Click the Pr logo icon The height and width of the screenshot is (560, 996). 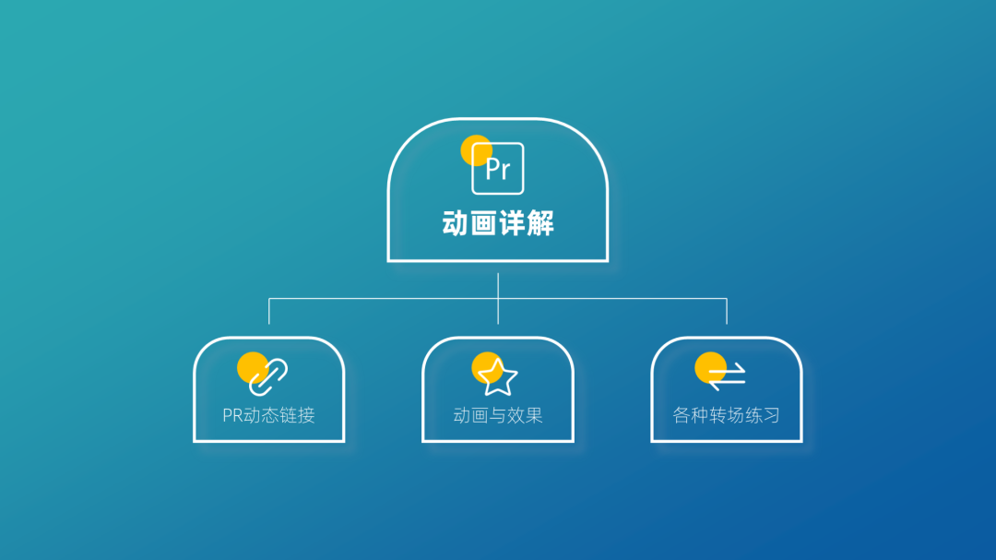pyautogui.click(x=498, y=168)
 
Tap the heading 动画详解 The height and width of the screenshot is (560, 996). pyautogui.click(x=498, y=223)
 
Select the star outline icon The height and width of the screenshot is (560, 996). pyautogui.click(x=498, y=376)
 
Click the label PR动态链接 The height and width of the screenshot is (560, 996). pyautogui.click(x=268, y=415)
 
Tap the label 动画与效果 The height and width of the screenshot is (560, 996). pyautogui.click(x=498, y=415)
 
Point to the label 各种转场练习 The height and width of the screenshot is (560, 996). pyautogui.click(x=727, y=415)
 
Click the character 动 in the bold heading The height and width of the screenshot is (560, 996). pyautogui.click(x=456, y=223)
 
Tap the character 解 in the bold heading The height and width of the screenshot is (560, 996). pyautogui.click(x=540, y=223)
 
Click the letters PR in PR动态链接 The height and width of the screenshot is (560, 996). pyautogui.click(x=232, y=415)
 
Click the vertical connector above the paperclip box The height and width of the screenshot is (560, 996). pyautogui.click(x=269, y=311)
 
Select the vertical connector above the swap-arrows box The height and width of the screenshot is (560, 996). pyautogui.click(x=727, y=311)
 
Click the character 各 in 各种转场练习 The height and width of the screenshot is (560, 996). pyautogui.click(x=682, y=415)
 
